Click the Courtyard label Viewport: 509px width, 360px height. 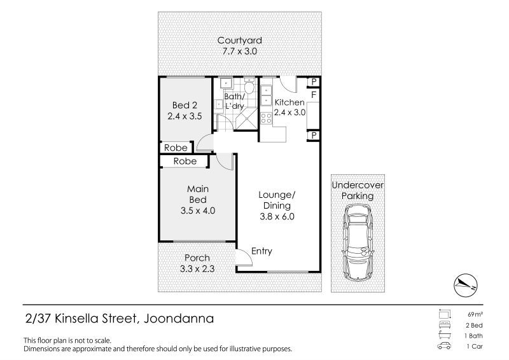(x=240, y=41)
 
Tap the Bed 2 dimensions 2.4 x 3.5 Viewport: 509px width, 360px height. (x=185, y=116)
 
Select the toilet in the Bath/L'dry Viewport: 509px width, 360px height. (x=249, y=86)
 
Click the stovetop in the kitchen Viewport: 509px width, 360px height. (x=266, y=118)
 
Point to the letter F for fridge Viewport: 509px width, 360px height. (x=314, y=95)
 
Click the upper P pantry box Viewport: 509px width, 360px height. (x=314, y=82)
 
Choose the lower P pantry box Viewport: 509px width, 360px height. (x=314, y=135)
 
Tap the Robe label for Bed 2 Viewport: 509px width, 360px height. (x=176, y=148)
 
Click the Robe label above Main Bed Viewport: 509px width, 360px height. (x=185, y=161)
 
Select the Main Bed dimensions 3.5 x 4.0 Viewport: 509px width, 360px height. (x=198, y=211)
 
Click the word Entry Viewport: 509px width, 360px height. (x=261, y=251)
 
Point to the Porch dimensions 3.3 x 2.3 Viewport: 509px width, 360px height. (x=197, y=269)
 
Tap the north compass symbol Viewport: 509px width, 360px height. (x=466, y=285)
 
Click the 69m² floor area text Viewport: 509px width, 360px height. (x=475, y=314)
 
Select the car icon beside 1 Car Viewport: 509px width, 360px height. (x=444, y=346)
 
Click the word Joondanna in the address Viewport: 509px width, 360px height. (x=179, y=319)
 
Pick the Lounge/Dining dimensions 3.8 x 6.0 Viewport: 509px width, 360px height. (x=277, y=216)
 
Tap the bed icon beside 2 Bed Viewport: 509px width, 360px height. (x=444, y=324)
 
